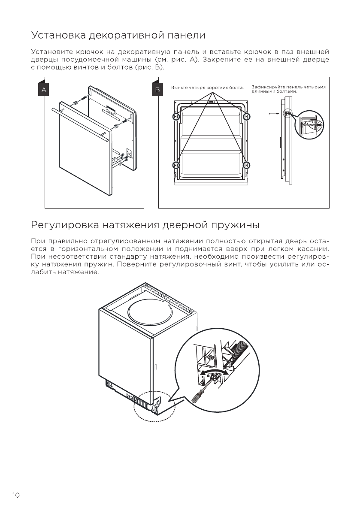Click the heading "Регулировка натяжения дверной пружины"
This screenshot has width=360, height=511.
[x=145, y=225]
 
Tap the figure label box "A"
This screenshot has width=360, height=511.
[x=44, y=90]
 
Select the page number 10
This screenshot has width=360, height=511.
[x=16, y=495]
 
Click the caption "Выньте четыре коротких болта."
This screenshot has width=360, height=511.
[x=207, y=88]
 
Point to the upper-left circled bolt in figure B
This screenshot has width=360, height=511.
[x=175, y=117]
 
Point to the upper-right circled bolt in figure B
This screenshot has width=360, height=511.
[x=246, y=117]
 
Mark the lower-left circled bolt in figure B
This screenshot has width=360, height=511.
[x=175, y=165]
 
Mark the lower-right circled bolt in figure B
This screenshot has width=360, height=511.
[x=246, y=165]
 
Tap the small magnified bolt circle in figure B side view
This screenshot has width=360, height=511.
[x=310, y=124]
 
